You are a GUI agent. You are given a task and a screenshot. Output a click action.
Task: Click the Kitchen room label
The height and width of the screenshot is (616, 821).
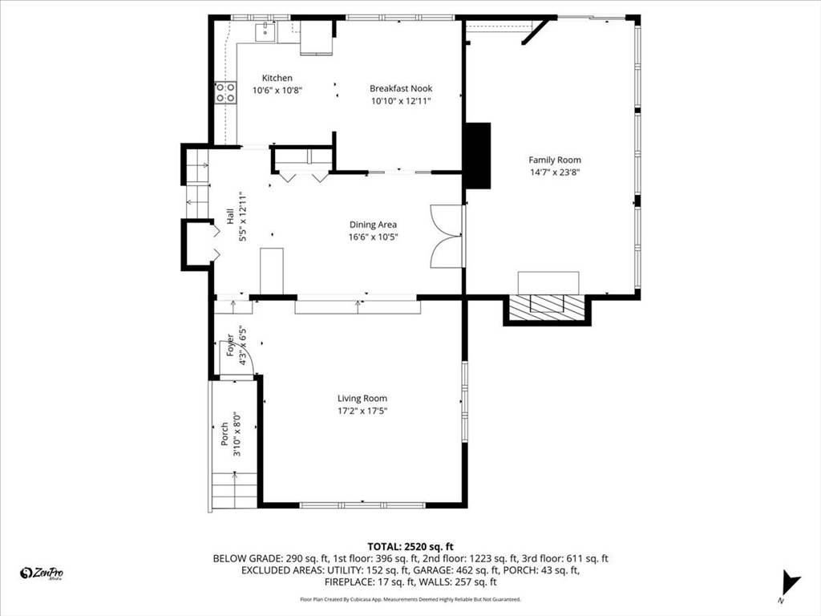(277, 78)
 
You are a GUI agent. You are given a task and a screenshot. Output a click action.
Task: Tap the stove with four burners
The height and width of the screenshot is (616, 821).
(225, 93)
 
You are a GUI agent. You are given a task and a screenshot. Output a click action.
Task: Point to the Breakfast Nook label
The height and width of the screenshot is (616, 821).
(401, 88)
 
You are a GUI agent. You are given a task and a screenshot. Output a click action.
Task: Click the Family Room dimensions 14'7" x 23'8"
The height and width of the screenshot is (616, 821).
(555, 172)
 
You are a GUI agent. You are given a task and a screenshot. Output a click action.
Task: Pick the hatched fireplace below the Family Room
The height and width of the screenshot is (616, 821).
(547, 306)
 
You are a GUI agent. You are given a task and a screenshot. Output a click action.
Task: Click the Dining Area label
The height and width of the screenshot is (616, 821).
(373, 225)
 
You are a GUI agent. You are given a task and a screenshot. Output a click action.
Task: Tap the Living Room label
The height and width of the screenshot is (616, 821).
(362, 399)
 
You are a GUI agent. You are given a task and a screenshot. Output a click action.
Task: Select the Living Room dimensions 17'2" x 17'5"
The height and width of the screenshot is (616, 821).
(362, 411)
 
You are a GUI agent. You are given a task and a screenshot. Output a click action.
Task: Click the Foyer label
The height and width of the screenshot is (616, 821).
(230, 346)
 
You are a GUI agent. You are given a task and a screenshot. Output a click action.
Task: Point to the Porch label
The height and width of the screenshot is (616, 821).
(224, 434)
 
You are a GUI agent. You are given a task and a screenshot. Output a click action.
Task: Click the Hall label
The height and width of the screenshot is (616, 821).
(230, 217)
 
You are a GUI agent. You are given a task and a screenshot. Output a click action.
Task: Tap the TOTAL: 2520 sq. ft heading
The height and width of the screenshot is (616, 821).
(410, 547)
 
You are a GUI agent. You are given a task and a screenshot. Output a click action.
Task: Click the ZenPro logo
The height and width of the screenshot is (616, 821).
(42, 573)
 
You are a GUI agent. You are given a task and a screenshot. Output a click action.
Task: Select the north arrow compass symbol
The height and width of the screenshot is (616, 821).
(790, 583)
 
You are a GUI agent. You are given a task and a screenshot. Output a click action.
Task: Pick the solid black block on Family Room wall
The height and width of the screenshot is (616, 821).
(477, 156)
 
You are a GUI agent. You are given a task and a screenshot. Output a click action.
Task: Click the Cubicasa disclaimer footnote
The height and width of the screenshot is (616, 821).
(410, 599)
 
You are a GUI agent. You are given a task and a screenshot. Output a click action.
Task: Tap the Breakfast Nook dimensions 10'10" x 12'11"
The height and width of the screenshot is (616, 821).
(401, 101)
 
